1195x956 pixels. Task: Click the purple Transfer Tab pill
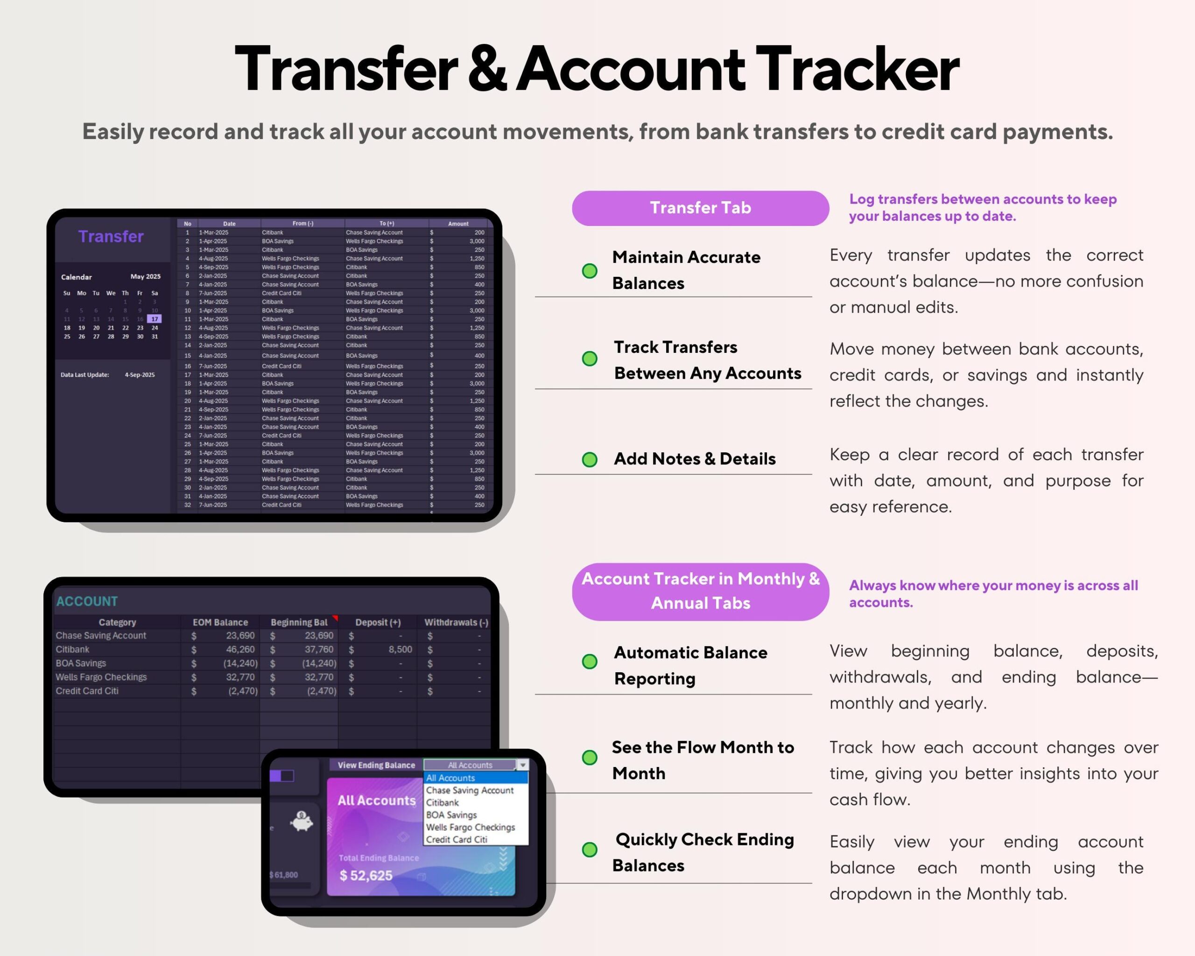coord(700,208)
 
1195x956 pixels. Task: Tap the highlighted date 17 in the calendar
coord(155,319)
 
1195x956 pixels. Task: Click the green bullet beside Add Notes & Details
coord(589,459)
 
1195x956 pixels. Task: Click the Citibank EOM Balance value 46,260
coord(240,649)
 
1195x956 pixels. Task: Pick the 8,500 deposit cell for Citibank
coord(400,649)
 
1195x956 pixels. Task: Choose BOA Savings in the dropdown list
coord(451,815)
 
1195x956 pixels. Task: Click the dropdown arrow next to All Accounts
coord(522,765)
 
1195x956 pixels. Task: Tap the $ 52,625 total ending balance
coord(366,875)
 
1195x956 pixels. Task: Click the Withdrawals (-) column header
coord(456,622)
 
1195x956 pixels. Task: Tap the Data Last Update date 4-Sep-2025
coord(140,375)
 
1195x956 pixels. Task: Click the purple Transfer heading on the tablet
coord(111,237)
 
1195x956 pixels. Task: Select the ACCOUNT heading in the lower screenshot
coord(87,601)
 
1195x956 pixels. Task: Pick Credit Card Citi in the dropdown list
coord(456,840)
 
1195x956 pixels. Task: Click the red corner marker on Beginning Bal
coord(335,618)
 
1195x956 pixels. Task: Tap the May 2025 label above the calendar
coord(145,276)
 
